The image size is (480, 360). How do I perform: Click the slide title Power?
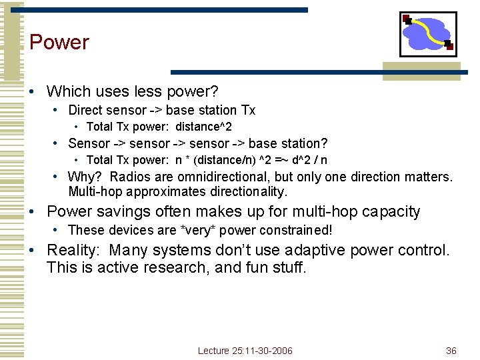(x=59, y=42)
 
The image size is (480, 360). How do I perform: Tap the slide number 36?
(x=451, y=351)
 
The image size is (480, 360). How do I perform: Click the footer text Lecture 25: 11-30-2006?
(x=245, y=351)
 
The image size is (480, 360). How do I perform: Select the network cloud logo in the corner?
(x=427, y=34)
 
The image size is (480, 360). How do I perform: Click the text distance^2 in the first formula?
(x=203, y=127)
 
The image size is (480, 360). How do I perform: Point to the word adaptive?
(x=319, y=251)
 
